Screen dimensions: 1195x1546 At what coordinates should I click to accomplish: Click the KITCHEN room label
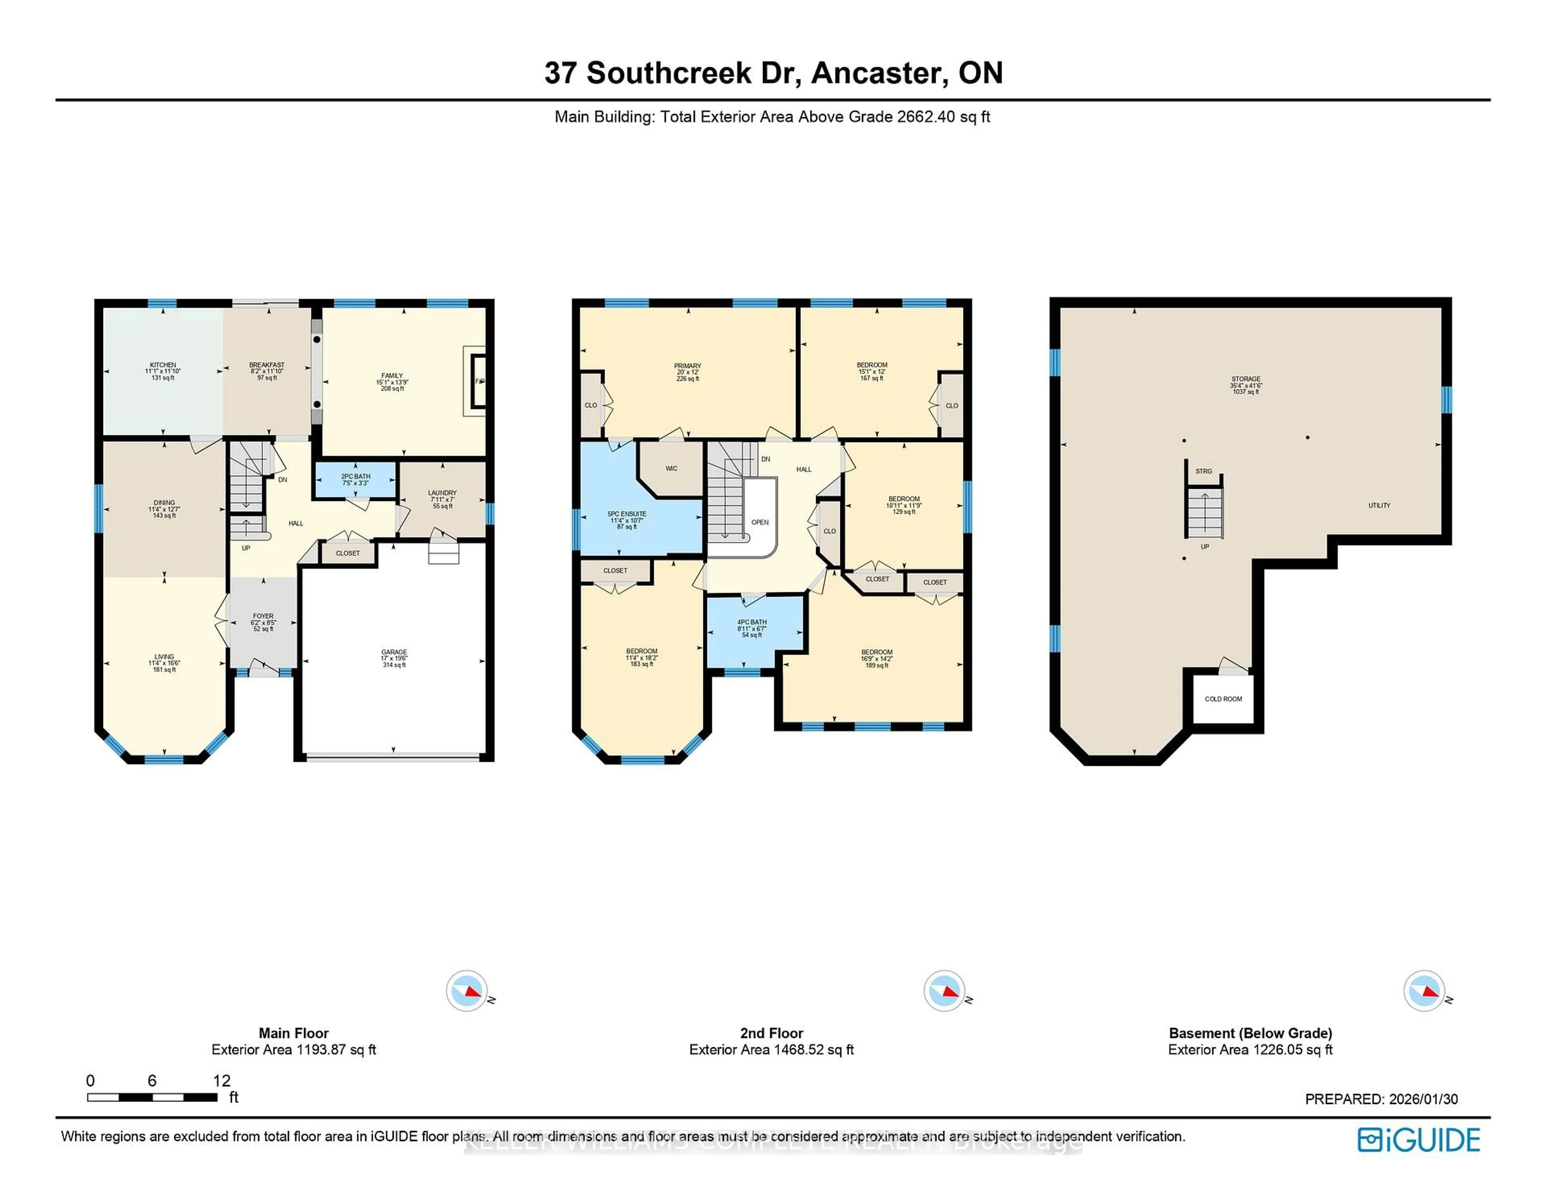point(163,365)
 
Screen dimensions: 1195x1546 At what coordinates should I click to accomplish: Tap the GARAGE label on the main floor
point(394,652)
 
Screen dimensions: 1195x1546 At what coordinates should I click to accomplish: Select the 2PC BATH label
point(355,476)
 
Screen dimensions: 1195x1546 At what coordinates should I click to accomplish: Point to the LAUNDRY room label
point(442,493)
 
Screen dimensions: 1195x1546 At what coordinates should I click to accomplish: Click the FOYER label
point(263,616)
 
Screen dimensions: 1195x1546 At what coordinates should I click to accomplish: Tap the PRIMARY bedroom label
point(687,366)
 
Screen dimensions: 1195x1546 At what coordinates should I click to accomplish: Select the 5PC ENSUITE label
point(626,514)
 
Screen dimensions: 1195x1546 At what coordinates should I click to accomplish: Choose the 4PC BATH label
point(752,622)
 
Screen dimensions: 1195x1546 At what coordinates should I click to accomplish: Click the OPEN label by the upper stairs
point(760,523)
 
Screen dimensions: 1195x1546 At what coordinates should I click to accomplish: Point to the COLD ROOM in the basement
point(1223,699)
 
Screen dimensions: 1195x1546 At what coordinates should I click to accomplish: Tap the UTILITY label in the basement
point(1379,505)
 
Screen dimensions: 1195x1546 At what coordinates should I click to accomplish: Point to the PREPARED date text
point(1381,1099)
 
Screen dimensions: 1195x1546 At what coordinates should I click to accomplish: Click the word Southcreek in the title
point(669,73)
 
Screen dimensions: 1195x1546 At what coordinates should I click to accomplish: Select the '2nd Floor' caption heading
point(771,1033)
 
